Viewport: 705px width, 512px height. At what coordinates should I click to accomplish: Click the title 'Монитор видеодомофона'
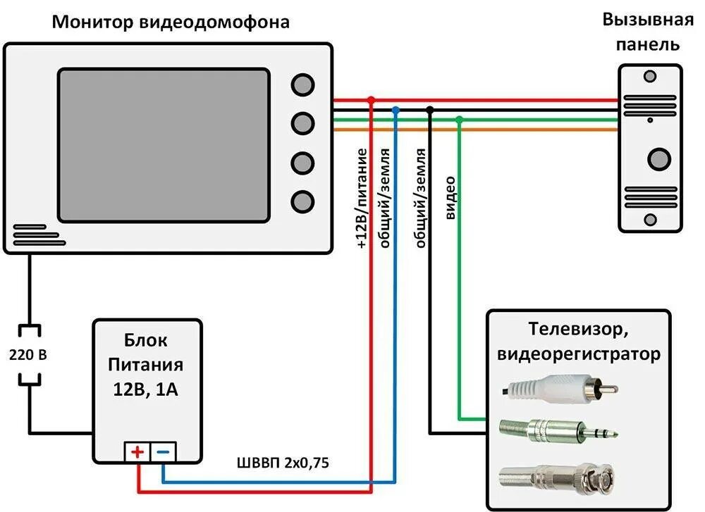[171, 23]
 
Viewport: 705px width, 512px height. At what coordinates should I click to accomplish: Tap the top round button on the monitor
[302, 85]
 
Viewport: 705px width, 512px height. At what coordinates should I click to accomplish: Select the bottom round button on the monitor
[302, 201]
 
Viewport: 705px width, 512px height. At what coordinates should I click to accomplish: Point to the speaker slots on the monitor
[28, 235]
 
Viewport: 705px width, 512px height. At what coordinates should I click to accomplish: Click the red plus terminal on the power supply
[137, 451]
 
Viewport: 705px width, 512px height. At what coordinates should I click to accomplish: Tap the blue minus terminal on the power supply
[163, 451]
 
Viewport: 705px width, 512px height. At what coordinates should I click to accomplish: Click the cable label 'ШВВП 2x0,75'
[283, 463]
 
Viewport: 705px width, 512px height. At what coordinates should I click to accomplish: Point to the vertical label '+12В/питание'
[362, 199]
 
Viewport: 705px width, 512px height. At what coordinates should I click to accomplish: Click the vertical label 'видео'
[451, 198]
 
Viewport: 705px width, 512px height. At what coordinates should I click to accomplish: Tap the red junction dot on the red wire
[372, 101]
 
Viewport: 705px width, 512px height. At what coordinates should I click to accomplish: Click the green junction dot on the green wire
[459, 121]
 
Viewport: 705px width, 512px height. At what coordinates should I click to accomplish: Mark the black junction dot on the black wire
[430, 110]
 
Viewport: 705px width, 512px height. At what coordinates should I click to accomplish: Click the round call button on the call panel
[658, 158]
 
